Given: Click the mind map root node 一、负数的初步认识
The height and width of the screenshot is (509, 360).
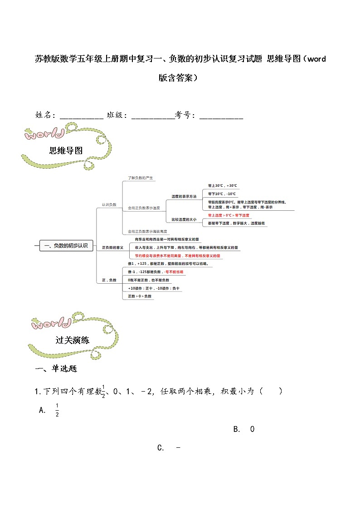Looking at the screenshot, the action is pos(66,246).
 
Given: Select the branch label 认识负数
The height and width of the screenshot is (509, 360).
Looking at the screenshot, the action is pos(109,205).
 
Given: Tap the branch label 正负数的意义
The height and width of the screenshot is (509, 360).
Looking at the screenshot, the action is pos(112,247).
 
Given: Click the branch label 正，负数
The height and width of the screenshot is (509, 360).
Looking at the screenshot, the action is pos(109,281).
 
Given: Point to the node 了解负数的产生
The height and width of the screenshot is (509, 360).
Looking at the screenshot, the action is pos(141,178).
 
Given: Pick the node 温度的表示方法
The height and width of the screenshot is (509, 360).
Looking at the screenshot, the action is pos(184,197).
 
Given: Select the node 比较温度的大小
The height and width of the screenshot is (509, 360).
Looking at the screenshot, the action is pos(184,219).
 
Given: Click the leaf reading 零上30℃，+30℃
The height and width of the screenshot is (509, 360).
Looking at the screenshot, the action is pos(222,186).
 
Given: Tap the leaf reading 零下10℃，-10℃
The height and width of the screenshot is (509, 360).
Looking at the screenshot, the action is pos(222,194).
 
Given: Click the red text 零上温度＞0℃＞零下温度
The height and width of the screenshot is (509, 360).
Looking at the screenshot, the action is pos(229,215).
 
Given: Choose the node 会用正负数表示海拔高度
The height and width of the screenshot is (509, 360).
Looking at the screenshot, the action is pos(144,231).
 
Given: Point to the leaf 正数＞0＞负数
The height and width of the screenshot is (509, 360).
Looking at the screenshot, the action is pos(140,296).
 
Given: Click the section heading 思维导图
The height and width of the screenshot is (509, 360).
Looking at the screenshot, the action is pos(66,151).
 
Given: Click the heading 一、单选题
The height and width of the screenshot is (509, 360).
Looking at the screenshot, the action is pos(56,369).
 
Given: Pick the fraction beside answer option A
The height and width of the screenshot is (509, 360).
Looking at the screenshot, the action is pos(57,410).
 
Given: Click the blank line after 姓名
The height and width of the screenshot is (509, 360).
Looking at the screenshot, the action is pos(82,116).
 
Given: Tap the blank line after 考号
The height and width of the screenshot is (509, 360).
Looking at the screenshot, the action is pos(221,116).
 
